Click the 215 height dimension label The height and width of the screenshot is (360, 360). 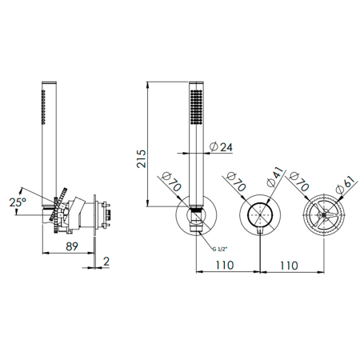click(142, 158)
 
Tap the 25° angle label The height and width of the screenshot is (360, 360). click(18, 202)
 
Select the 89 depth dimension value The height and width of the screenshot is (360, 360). click(72, 246)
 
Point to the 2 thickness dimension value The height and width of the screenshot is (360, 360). click(106, 262)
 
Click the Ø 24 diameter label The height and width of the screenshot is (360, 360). click(221, 147)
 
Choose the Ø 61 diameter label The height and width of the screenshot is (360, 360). click(346, 185)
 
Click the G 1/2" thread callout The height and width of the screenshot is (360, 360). click(220, 249)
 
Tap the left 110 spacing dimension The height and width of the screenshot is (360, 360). click(225, 265)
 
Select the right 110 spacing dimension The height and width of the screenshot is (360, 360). click(289, 266)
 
